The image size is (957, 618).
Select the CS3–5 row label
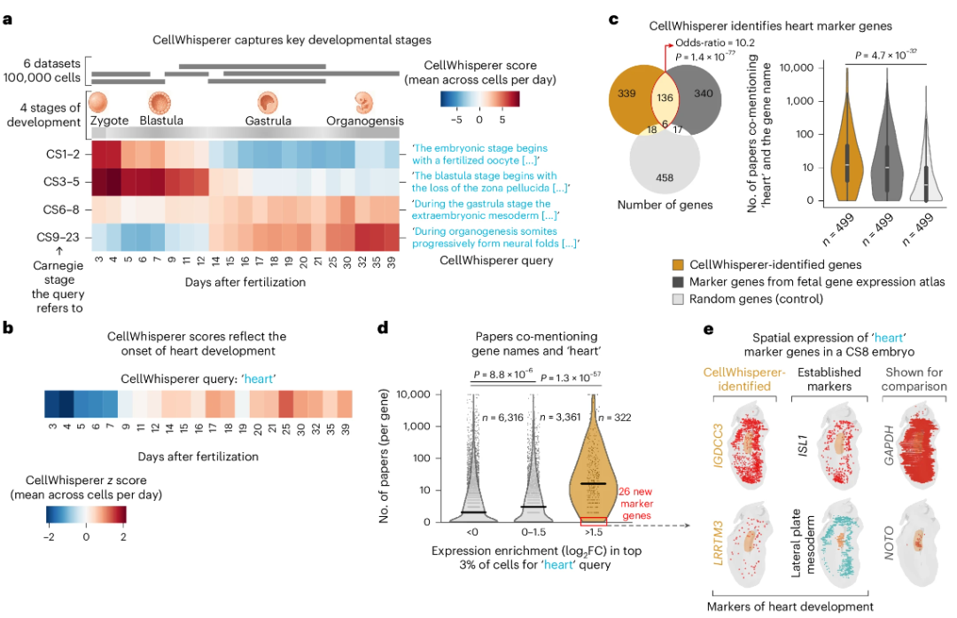pyautogui.click(x=65, y=184)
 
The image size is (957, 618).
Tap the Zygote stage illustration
pyautogui.click(x=100, y=102)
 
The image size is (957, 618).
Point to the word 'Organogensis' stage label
pyautogui.click(x=365, y=121)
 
